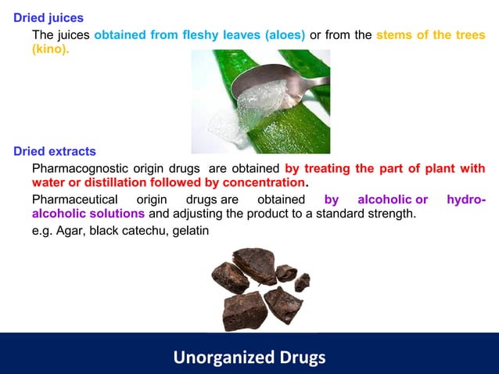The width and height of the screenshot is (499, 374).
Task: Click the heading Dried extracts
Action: (55, 151)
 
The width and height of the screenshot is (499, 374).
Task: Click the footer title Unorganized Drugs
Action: (249, 358)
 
